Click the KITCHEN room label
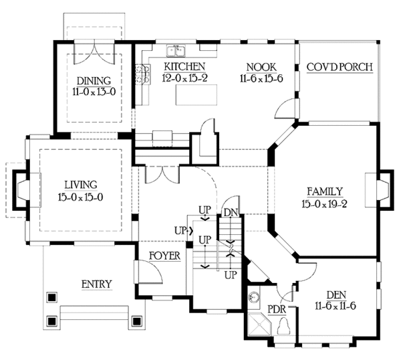pos(184,66)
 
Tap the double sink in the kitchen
pos(176,51)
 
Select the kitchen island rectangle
pos(196,94)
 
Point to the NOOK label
pos(261,67)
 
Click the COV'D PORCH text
pos(340,67)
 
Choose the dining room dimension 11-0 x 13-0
pos(94,92)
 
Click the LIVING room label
pos(81,185)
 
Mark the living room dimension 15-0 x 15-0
pos(81,197)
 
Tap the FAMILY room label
pos(325,191)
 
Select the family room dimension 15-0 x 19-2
pos(324,204)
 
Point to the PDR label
pos(277,309)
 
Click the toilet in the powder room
pos(283,326)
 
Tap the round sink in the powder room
pos(254,297)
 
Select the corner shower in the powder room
pos(259,324)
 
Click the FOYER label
pos(164,256)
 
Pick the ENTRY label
pos(97,284)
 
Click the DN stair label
pos(231,212)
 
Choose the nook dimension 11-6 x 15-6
pos(261,78)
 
